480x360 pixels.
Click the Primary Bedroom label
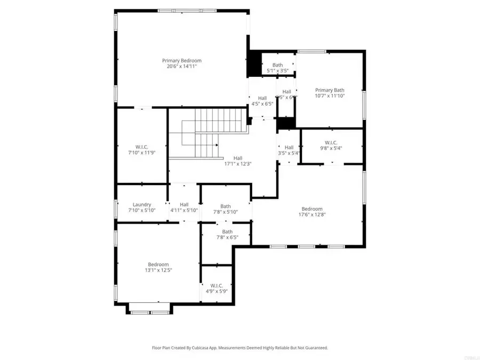pyautogui.click(x=182, y=61)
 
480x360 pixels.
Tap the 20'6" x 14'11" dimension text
pyautogui.click(x=182, y=67)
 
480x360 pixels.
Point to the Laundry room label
pyautogui.click(x=142, y=204)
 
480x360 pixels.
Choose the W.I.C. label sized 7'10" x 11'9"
pyautogui.click(x=141, y=146)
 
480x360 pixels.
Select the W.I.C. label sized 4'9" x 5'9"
pyautogui.click(x=217, y=285)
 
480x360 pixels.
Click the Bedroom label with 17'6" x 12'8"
pyautogui.click(x=312, y=209)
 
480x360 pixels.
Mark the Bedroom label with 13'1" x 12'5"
pyautogui.click(x=158, y=265)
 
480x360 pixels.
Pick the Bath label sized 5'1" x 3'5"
pyautogui.click(x=277, y=65)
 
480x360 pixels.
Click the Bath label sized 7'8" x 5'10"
pyautogui.click(x=226, y=206)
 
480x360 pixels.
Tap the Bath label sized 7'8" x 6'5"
pyautogui.click(x=227, y=231)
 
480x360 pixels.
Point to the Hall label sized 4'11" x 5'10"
pyautogui.click(x=184, y=204)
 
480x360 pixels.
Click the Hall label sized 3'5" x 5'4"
pyautogui.click(x=289, y=147)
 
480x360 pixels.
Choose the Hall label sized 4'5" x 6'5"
pyautogui.click(x=262, y=98)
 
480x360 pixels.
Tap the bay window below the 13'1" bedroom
pyautogui.click(x=149, y=308)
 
